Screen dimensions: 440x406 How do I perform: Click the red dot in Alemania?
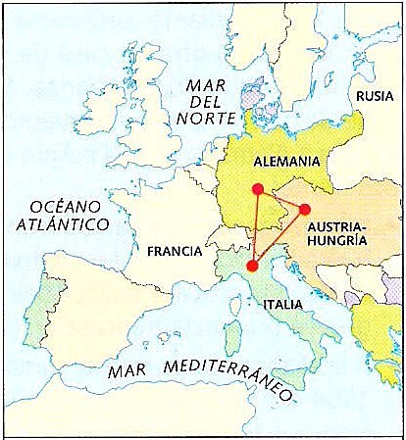coord(257,189)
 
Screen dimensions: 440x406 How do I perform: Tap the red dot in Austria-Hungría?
coord(304,209)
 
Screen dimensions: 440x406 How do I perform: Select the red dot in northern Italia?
coord(252,265)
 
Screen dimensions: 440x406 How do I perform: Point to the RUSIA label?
coord(376,96)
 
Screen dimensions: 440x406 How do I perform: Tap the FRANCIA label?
coord(174,251)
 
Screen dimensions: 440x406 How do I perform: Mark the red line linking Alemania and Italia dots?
coord(255,227)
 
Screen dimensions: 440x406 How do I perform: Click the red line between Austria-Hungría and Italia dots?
coord(279,236)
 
